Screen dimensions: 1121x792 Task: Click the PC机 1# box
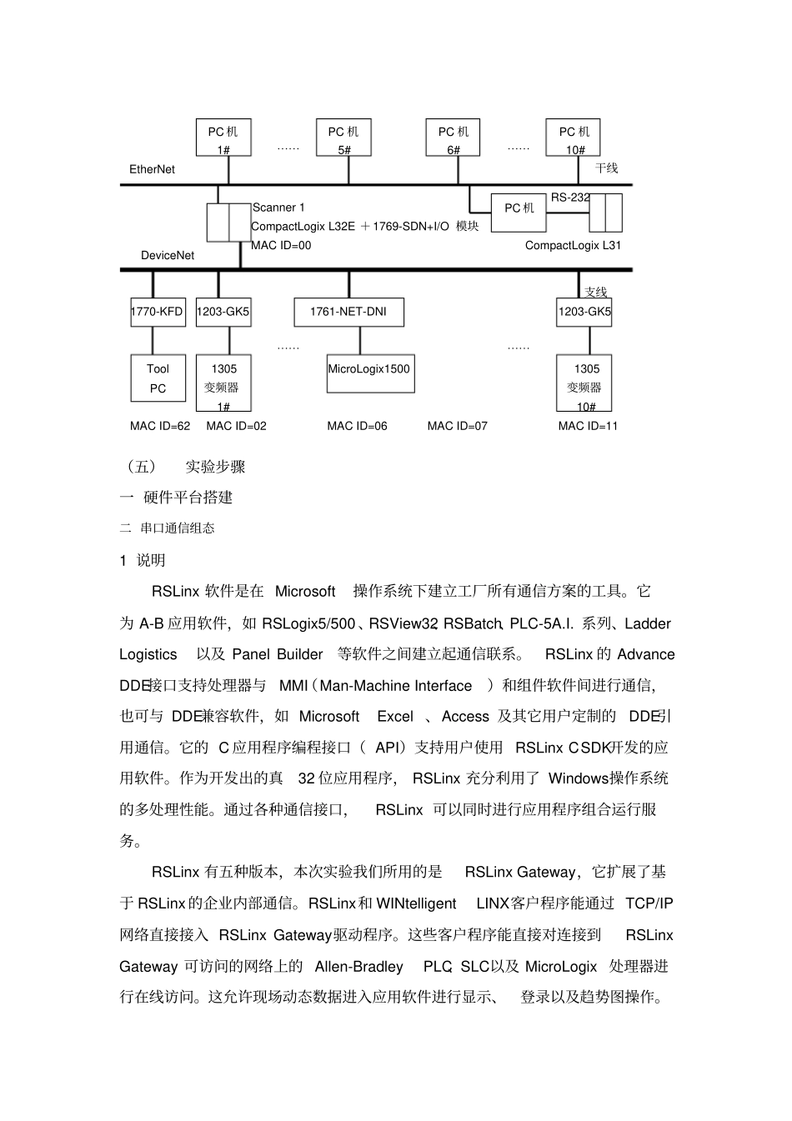point(223,138)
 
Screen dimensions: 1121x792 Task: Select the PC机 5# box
point(343,138)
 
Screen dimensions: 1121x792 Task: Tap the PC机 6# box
point(454,138)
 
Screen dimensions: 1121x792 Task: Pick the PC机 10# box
point(574,138)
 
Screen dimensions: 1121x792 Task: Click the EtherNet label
point(152,169)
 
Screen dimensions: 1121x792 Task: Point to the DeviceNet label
point(167,255)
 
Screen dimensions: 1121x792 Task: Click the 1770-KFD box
point(157,312)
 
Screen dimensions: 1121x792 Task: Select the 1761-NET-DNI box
point(349,312)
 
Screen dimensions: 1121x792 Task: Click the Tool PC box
point(158,378)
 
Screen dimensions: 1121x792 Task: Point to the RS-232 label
point(570,198)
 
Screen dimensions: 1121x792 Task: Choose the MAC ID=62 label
point(160,426)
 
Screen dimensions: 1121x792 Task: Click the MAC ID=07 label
point(457,426)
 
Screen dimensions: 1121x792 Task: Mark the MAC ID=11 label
point(588,426)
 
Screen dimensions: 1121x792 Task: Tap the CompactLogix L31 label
point(573,245)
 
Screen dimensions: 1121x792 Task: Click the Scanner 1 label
point(278,208)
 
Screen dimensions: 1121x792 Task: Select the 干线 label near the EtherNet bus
point(606,168)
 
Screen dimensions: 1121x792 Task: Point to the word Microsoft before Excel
point(328,717)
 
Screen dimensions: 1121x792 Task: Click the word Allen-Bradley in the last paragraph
point(358,967)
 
